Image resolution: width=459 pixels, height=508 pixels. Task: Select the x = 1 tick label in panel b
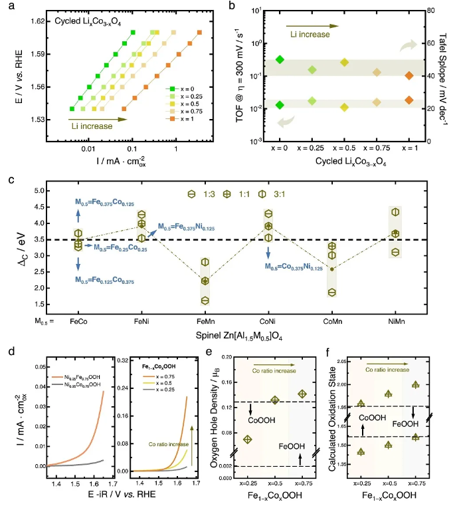[409, 150]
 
